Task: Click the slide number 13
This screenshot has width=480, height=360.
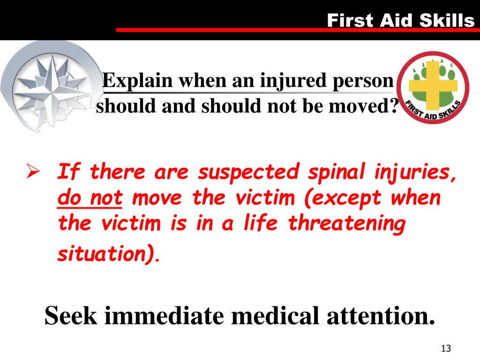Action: click(x=446, y=349)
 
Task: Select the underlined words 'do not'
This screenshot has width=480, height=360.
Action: click(x=90, y=198)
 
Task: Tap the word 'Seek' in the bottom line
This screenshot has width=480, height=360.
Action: click(x=71, y=316)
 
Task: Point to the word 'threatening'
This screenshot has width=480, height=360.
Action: click(x=346, y=224)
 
